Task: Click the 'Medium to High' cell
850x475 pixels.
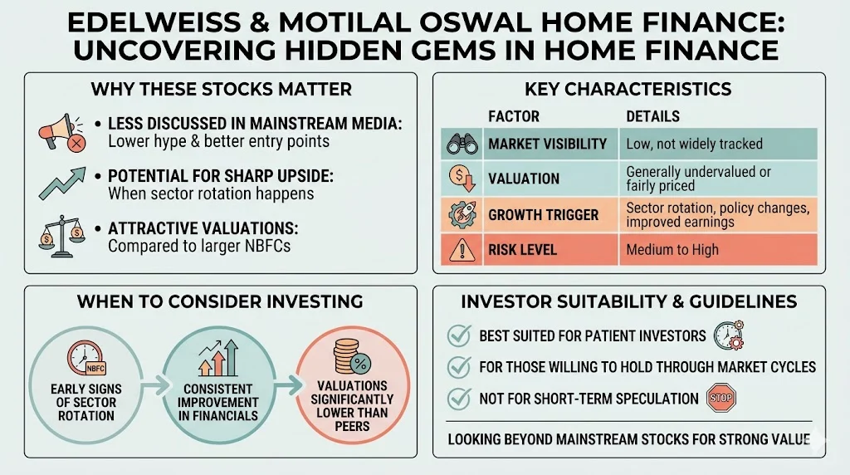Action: pyautogui.click(x=672, y=249)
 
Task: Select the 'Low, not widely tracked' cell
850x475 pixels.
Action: pyautogui.click(x=694, y=144)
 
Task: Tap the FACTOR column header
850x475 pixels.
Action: pyautogui.click(x=513, y=116)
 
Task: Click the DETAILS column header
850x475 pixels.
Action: pyautogui.click(x=652, y=116)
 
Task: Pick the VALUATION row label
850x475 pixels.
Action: pyautogui.click(x=524, y=179)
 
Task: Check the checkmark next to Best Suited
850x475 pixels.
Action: pyautogui.click(x=458, y=335)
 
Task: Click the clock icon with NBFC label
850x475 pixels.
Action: pyautogui.click(x=86, y=359)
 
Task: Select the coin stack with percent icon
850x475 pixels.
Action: pyautogui.click(x=349, y=355)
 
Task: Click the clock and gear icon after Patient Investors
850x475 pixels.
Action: pyautogui.click(x=728, y=335)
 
